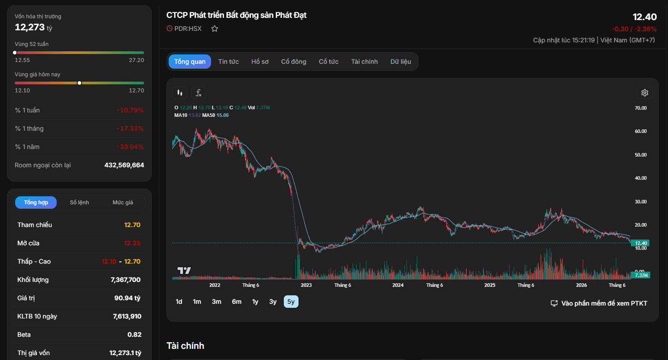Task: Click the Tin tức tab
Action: (x=228, y=62)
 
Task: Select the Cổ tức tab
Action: (x=328, y=62)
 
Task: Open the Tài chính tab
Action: (x=364, y=62)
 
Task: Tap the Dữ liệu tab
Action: (x=401, y=62)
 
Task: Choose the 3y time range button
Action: (x=273, y=302)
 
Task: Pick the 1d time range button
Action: (x=179, y=302)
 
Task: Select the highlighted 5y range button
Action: (x=291, y=302)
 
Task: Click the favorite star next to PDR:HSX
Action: (x=215, y=29)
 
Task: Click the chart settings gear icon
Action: (x=645, y=93)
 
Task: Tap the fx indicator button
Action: (x=199, y=93)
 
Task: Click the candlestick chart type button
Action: (x=180, y=93)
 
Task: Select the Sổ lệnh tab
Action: (x=79, y=203)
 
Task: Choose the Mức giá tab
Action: (x=123, y=203)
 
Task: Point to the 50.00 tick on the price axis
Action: (x=641, y=155)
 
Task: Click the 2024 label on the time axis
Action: (x=398, y=285)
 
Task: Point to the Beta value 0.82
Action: (x=134, y=335)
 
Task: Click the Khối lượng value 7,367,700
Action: (x=125, y=280)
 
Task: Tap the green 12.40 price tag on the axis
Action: (x=641, y=243)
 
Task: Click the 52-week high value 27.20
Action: (x=137, y=60)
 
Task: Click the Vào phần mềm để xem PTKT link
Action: (x=599, y=303)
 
